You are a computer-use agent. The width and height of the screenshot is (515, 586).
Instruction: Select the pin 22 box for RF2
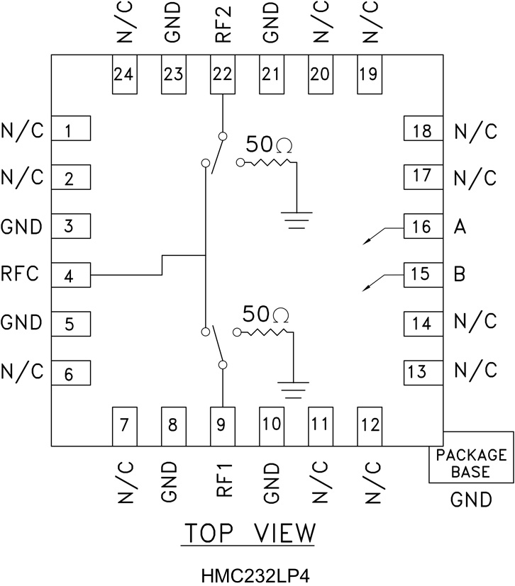click(223, 74)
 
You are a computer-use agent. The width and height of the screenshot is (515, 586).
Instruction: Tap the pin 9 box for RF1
click(223, 426)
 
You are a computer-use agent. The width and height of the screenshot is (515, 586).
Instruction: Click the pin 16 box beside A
click(421, 227)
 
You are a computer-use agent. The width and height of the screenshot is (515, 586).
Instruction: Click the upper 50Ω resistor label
click(270, 145)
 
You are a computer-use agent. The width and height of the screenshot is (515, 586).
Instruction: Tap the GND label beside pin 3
click(21, 227)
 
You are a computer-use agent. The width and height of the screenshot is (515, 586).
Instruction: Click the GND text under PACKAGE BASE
click(471, 500)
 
